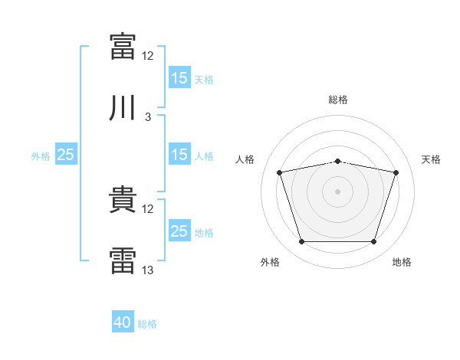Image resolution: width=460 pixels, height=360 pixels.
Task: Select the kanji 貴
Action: pyautogui.click(x=123, y=200)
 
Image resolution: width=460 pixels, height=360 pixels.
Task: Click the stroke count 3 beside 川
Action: pyautogui.click(x=148, y=117)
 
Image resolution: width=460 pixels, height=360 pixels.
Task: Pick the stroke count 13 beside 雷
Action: pyautogui.click(x=148, y=270)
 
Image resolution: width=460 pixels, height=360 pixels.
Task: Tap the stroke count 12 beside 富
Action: pyautogui.click(x=148, y=56)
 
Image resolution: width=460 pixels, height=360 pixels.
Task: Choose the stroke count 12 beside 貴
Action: pyautogui.click(x=148, y=209)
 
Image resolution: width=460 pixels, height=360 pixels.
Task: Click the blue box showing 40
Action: pyautogui.click(x=123, y=322)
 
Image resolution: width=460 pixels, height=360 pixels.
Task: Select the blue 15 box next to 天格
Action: pyautogui.click(x=179, y=78)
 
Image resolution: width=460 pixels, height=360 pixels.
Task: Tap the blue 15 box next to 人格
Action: pyautogui.click(x=179, y=155)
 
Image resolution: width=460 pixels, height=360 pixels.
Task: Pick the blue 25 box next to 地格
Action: pyautogui.click(x=179, y=231)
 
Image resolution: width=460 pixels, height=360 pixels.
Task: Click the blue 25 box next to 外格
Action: pyautogui.click(x=66, y=155)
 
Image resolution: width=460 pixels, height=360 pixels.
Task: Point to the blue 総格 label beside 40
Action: pyautogui.click(x=147, y=324)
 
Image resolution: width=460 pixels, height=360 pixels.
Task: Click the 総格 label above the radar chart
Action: pyautogui.click(x=338, y=100)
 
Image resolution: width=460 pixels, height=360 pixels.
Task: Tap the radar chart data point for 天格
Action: pyautogui.click(x=396, y=172)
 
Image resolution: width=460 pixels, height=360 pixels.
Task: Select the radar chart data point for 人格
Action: pyautogui.click(x=280, y=172)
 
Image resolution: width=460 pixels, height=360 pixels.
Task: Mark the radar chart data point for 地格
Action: pyautogui.click(x=374, y=242)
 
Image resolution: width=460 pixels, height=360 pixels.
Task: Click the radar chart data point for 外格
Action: pyautogui.click(x=302, y=242)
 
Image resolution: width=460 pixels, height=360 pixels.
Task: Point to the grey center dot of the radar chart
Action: pyautogui.click(x=338, y=191)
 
